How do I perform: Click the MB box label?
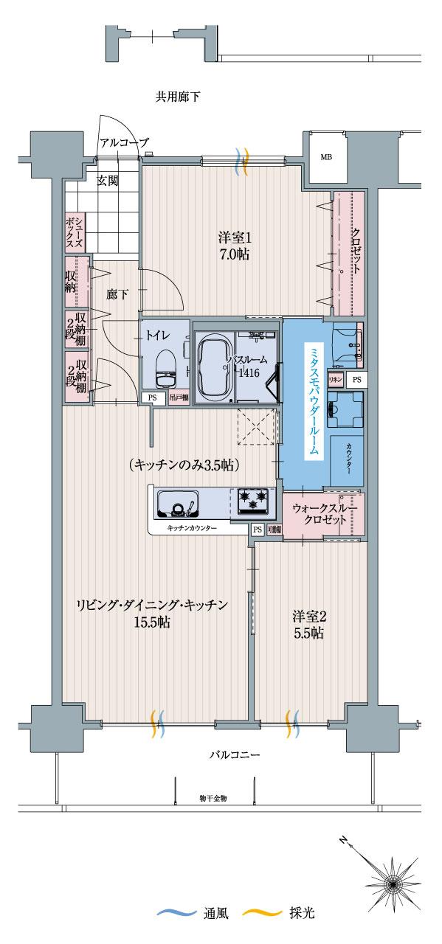(x=325, y=157)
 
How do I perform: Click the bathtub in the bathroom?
(x=214, y=364)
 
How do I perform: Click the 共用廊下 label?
(x=178, y=96)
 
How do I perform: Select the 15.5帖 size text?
(x=153, y=622)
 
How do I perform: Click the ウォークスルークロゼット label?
(x=324, y=513)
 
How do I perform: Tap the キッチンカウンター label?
(x=191, y=529)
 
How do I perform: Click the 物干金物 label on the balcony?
(x=213, y=798)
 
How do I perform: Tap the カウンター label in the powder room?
(x=345, y=457)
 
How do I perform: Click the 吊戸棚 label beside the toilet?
(x=178, y=398)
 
